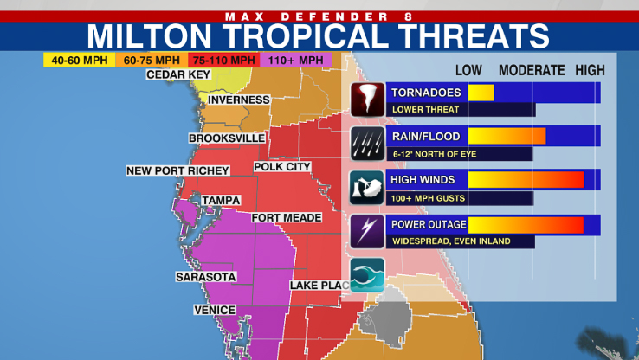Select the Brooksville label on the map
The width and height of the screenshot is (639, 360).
point(227,138)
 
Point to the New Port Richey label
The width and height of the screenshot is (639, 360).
point(177,170)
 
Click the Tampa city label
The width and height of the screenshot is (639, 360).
point(220,201)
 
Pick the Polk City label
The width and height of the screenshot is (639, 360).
point(282,166)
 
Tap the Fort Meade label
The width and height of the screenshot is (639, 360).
point(284,218)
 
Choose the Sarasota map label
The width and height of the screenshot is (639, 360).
point(205,277)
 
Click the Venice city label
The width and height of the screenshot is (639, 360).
point(214,310)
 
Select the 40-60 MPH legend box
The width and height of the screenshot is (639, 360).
point(80,60)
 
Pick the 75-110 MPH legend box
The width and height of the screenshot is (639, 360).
point(224,60)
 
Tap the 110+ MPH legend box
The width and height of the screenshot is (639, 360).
point(296,60)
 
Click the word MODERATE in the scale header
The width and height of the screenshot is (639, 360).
point(532,71)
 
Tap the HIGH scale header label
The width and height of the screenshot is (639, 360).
point(591,71)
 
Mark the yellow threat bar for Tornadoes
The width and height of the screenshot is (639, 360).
point(481,93)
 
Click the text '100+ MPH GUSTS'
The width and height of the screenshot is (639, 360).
point(429,198)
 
